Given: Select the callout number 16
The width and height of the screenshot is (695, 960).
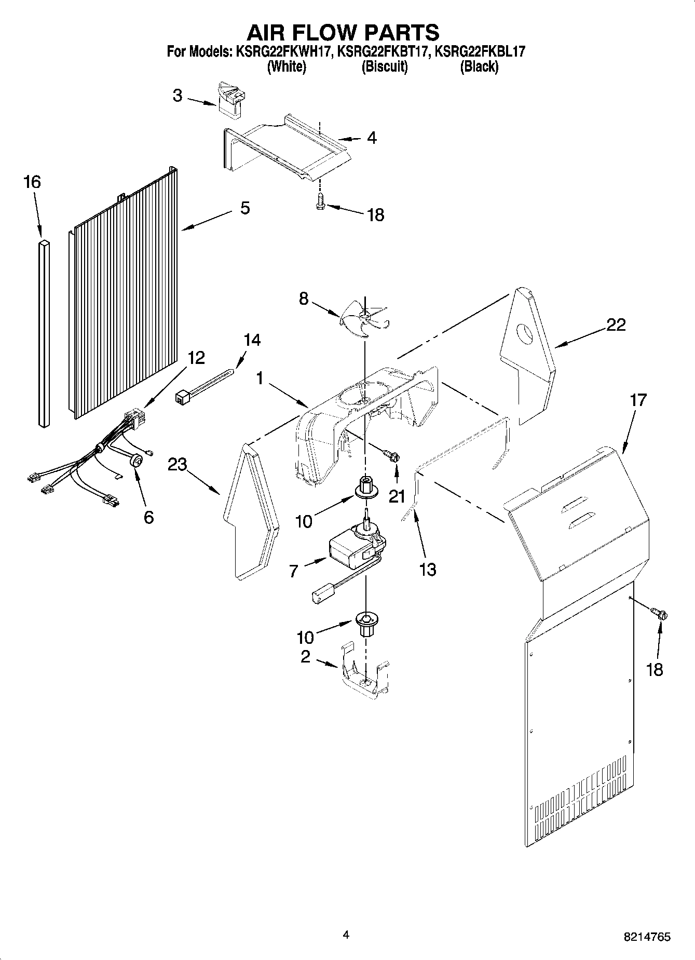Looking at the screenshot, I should click(32, 182).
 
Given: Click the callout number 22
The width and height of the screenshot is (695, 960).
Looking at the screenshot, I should click(616, 325).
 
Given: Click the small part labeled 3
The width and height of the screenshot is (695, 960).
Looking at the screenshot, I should click(231, 98).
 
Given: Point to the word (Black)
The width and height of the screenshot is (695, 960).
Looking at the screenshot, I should click(479, 66).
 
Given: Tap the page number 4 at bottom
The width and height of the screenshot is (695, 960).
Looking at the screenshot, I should click(346, 935).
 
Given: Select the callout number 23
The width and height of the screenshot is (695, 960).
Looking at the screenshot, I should click(178, 464).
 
